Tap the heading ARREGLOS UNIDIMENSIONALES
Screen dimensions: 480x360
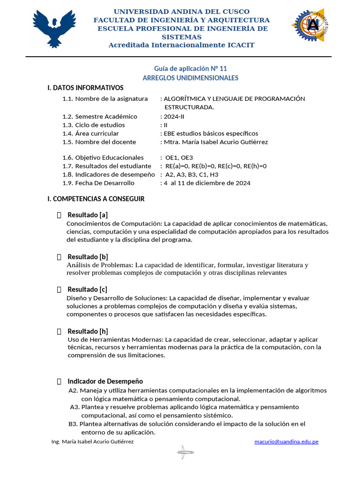[x=190, y=78]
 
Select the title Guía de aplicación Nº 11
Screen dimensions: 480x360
[x=190, y=68]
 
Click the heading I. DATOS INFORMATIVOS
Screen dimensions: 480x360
[x=85, y=88]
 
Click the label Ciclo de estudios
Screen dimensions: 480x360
[x=100, y=125]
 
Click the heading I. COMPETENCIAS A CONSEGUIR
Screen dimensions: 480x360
[x=96, y=199]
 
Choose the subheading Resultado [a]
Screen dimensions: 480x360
[x=88, y=215]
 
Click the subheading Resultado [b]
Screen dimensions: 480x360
[x=88, y=256]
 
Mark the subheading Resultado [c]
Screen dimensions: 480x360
[x=88, y=289]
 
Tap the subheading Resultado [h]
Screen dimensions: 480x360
[x=88, y=331]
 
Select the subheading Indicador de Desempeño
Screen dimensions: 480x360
[x=105, y=381]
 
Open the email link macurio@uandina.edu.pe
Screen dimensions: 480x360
[x=286, y=442]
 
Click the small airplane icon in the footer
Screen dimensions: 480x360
[x=185, y=452]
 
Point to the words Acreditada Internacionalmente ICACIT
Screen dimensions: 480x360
[x=181, y=45]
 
